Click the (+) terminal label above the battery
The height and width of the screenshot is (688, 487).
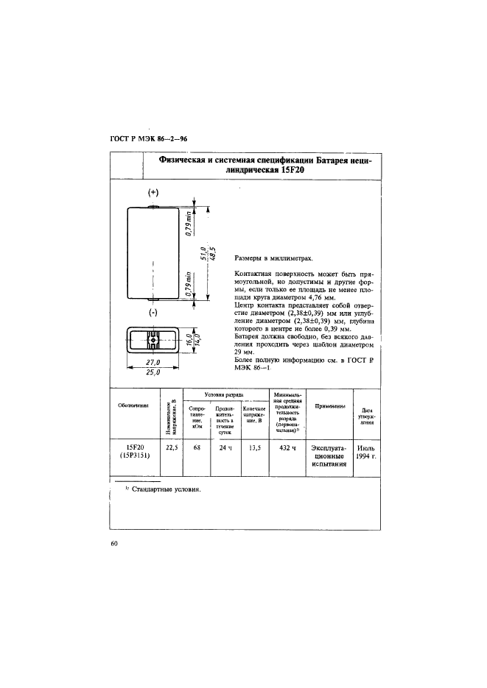(153, 192)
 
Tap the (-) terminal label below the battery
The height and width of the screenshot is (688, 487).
(153, 313)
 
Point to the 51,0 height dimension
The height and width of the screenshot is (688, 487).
(203, 252)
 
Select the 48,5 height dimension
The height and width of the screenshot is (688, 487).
(212, 252)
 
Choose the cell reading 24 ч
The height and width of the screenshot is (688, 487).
(225, 447)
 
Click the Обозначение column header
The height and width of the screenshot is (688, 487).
(133, 405)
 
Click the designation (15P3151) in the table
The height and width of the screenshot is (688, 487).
(133, 456)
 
